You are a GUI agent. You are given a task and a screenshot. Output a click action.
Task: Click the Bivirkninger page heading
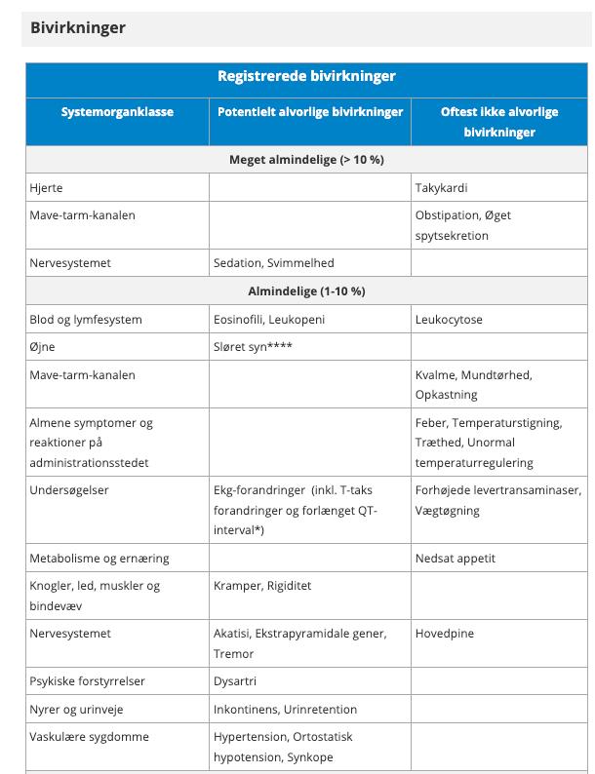tap(78, 27)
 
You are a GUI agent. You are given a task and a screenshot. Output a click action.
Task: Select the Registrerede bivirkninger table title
tap(306, 76)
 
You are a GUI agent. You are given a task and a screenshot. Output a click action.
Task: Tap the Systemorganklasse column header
tap(117, 111)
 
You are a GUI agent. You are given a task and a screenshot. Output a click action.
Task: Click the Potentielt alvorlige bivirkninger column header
tap(309, 111)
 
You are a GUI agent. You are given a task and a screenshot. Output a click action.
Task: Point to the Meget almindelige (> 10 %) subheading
tap(306, 159)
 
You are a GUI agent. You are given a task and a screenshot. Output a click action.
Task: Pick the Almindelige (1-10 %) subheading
tap(306, 290)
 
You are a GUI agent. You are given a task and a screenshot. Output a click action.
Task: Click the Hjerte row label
tap(46, 187)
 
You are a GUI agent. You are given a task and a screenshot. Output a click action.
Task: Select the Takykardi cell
tap(441, 187)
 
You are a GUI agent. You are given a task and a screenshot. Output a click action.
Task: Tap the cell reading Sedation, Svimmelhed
tap(273, 262)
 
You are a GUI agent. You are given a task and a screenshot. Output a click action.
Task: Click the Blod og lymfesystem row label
tap(86, 319)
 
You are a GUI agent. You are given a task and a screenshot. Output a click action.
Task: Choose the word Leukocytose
tap(449, 319)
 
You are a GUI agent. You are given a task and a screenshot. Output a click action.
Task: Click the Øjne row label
tap(43, 347)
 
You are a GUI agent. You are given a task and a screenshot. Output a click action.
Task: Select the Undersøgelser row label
tap(69, 489)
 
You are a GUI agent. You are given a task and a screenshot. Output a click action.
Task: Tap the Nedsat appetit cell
tap(456, 558)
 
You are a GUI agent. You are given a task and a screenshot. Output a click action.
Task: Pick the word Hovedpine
tap(445, 633)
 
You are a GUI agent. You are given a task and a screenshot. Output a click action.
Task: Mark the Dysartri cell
tap(235, 680)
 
